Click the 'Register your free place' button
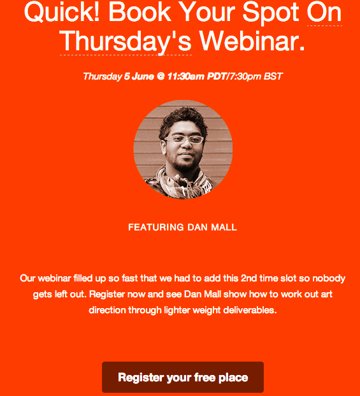click(x=183, y=377)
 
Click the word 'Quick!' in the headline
click(x=62, y=12)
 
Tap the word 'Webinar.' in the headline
click(x=252, y=41)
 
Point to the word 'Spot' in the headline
click(x=271, y=13)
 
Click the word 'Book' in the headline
click(x=140, y=12)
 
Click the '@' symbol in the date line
click(x=161, y=76)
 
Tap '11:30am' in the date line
click(x=186, y=76)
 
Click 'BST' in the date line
click(x=273, y=76)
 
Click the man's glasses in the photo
click(x=184, y=139)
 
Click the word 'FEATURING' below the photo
click(x=156, y=227)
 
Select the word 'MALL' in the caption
click(x=224, y=227)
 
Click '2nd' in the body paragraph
click(x=248, y=278)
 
